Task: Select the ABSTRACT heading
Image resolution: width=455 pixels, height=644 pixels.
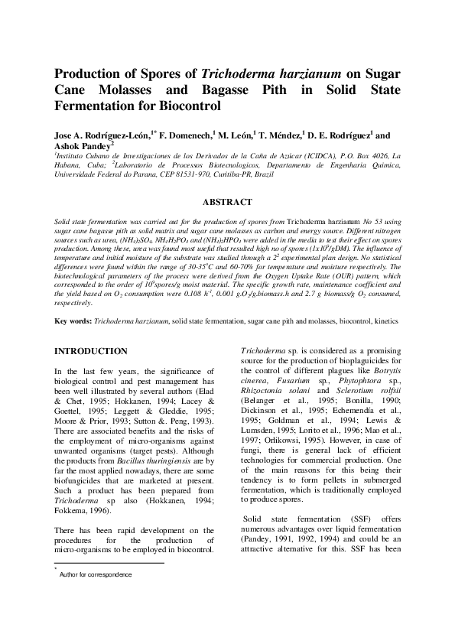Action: (x=226, y=202)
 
